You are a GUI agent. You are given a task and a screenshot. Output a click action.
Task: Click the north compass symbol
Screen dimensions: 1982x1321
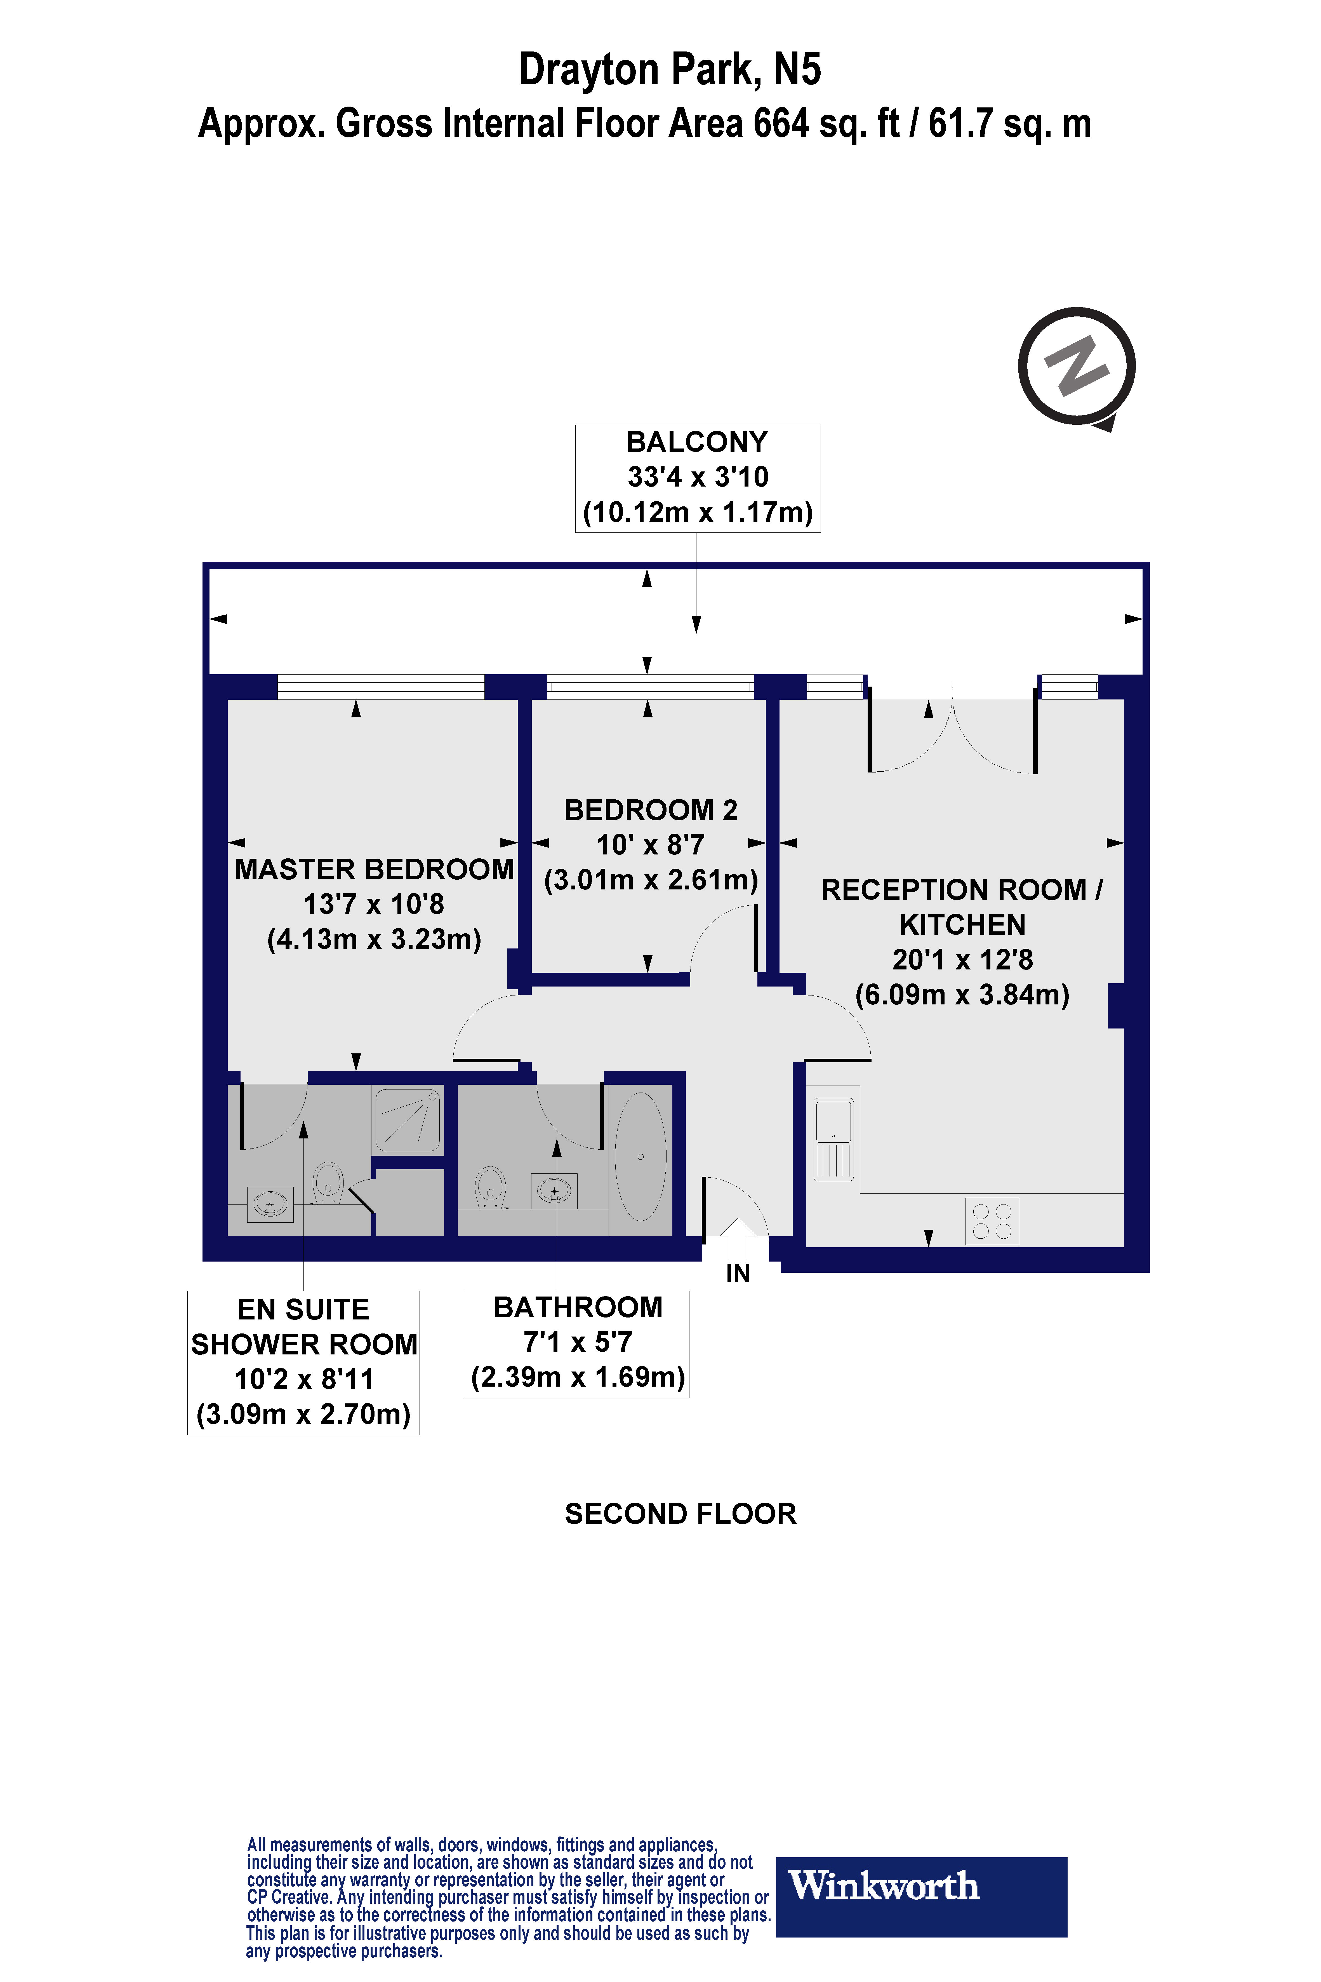1077,367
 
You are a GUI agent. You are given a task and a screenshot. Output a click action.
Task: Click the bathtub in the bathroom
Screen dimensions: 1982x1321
640,1156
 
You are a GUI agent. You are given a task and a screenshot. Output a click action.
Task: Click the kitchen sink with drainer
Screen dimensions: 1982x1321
833,1138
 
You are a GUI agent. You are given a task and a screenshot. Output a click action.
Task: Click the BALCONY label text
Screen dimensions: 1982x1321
697,442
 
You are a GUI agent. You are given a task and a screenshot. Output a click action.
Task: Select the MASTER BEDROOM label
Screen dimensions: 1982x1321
374,869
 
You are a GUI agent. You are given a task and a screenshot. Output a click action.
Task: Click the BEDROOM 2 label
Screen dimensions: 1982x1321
650,810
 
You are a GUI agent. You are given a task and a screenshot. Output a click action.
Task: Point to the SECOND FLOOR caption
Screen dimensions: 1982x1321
680,1513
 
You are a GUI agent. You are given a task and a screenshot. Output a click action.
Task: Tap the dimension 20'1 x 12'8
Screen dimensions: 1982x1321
962,959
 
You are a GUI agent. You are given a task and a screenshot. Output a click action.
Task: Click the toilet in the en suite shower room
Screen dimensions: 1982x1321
328,1182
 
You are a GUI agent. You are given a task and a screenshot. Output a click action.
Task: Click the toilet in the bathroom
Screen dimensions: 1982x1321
490,1186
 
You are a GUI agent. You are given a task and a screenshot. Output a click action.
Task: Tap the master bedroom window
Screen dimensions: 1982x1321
381,687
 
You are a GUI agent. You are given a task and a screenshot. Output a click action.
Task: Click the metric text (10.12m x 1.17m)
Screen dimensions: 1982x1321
698,511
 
